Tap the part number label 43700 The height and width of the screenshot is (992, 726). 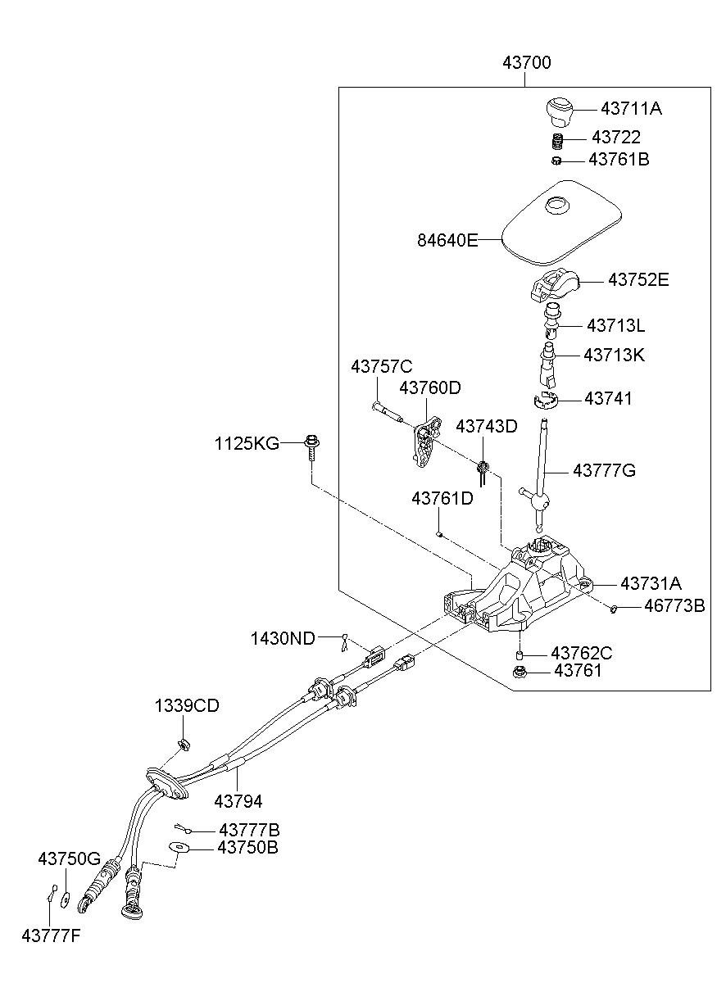tap(527, 62)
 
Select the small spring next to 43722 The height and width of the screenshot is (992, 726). tap(557, 140)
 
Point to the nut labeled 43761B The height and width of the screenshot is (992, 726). tap(556, 160)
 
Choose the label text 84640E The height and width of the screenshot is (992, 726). tap(447, 240)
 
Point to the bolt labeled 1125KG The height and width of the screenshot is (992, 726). tap(312, 446)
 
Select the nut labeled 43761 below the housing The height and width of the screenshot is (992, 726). tap(520, 673)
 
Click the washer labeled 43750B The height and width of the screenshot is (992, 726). tap(179, 847)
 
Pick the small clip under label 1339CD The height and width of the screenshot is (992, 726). tap(183, 743)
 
